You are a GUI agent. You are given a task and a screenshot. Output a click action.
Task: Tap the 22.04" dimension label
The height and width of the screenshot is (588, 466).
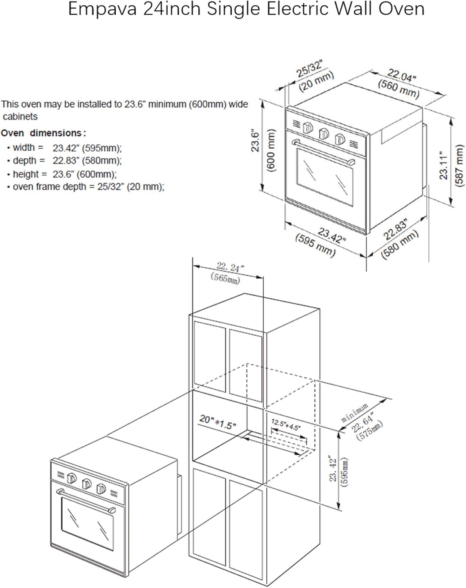402,76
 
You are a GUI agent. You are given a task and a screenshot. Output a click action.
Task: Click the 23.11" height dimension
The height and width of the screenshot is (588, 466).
443,165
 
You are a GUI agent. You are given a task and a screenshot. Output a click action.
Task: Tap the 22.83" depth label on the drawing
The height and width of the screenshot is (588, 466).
395,229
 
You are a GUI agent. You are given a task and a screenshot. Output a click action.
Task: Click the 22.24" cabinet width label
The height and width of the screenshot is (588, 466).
230,268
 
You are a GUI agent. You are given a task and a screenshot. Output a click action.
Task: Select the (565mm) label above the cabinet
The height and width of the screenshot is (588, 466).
225,278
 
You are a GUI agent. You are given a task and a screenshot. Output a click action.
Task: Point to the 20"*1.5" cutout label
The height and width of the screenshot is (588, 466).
218,422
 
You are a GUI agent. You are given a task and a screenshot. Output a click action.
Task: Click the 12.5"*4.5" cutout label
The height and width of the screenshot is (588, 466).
286,425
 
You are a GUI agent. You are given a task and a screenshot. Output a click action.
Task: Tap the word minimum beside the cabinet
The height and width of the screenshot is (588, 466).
354,412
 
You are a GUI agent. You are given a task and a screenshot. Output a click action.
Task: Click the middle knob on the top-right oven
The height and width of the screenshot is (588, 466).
324,134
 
